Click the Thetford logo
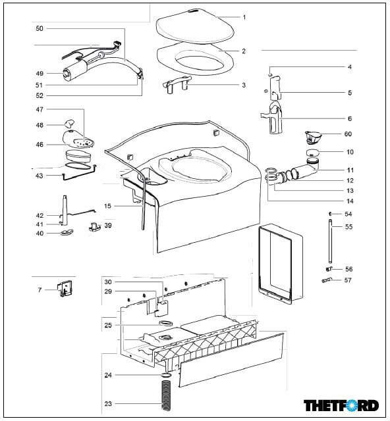click(x=341, y=405)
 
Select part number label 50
click(x=40, y=28)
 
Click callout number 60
click(x=348, y=134)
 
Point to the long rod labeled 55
click(x=330, y=241)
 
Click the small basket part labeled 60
click(x=313, y=137)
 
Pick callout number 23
click(x=108, y=403)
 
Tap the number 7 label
click(x=40, y=290)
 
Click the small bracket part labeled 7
click(x=65, y=288)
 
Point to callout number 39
click(x=108, y=225)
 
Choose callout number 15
click(x=107, y=206)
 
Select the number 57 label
click(x=348, y=280)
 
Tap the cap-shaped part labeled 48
click(x=69, y=123)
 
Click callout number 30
click(x=108, y=282)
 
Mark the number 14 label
click(x=350, y=201)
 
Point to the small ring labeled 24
click(x=167, y=375)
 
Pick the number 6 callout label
click(x=350, y=118)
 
